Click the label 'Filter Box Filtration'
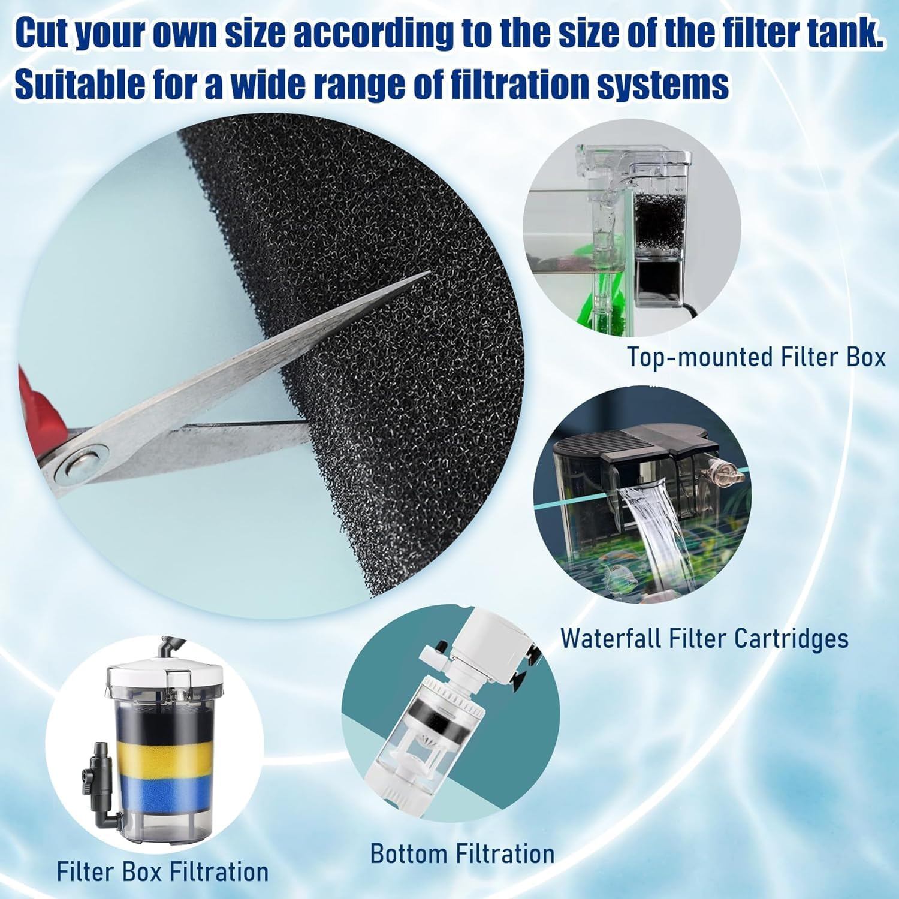162,871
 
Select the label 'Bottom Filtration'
462,853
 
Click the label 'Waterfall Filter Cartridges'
704,638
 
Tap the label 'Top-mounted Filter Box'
756,357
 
